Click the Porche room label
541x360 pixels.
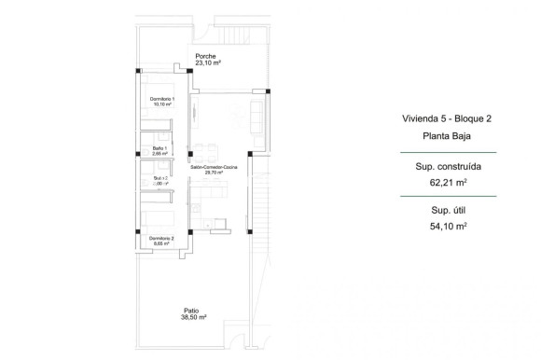(205, 56)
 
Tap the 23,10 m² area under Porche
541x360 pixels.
(208, 62)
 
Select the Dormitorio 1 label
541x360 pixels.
(163, 100)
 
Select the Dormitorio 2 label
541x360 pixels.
(162, 238)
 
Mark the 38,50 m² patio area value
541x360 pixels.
(193, 317)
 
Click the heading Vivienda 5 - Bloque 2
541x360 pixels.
(442, 119)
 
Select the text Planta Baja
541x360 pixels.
(442, 136)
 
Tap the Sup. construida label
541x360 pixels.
(442, 168)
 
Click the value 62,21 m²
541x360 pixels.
(442, 184)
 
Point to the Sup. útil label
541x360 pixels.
(442, 211)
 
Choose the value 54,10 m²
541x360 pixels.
(442, 227)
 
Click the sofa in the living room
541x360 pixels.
(257, 116)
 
